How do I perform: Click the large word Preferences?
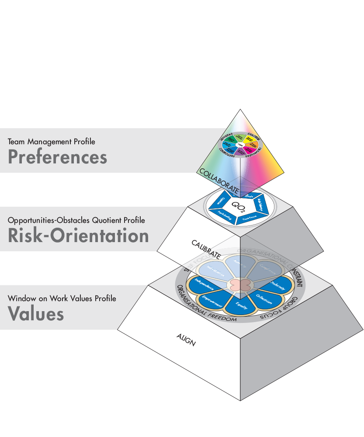(x=57, y=157)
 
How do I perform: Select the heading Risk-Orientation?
(x=78, y=236)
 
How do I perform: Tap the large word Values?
(x=36, y=313)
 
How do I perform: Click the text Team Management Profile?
(x=51, y=141)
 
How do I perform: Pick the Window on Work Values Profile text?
(x=62, y=298)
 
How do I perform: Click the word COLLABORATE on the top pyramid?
(x=219, y=181)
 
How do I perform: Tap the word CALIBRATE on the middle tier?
(x=206, y=249)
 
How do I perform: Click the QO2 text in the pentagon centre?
(x=237, y=205)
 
